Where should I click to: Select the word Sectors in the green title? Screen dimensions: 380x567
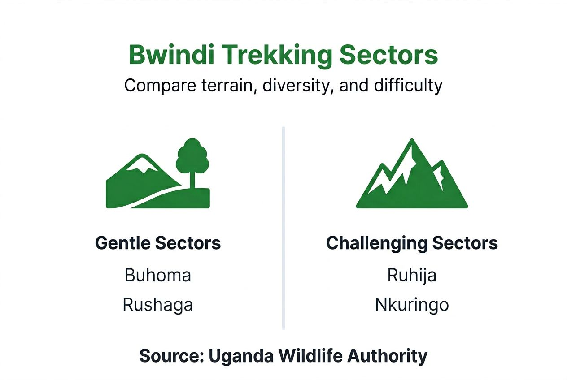click(x=388, y=55)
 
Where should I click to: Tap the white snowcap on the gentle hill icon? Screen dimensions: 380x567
click(x=142, y=164)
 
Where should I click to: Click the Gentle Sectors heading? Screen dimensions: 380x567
click(x=158, y=243)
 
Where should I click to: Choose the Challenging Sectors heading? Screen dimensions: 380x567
click(x=412, y=243)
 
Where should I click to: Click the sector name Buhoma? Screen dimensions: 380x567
click(x=158, y=275)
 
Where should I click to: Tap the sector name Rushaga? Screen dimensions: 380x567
click(x=158, y=305)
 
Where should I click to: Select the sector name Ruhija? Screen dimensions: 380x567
click(x=412, y=275)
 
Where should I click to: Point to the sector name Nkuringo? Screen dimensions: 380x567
click(x=412, y=305)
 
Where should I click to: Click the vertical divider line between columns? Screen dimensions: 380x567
click(x=283, y=229)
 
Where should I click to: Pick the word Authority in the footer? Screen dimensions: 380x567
click(x=388, y=356)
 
